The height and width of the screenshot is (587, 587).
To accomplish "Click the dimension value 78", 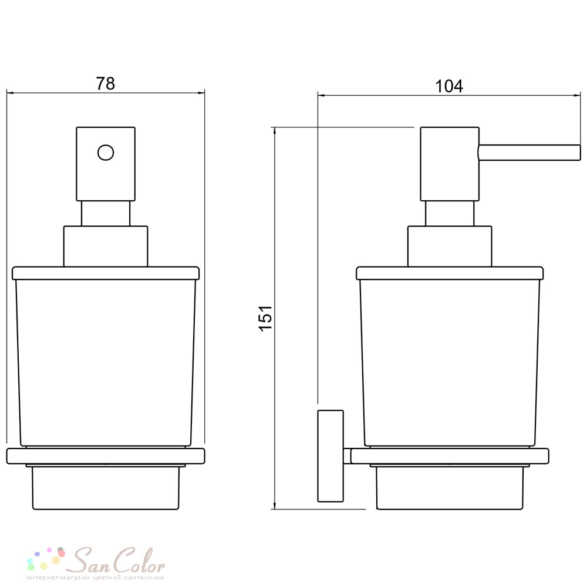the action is coord(105,83).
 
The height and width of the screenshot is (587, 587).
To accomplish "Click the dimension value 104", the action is coord(449,86).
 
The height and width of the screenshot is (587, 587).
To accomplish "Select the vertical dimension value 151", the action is coord(265,318).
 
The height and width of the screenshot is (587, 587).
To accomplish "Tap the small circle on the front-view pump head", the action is coord(106,153).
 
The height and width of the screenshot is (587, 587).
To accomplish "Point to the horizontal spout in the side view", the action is coord(529,153).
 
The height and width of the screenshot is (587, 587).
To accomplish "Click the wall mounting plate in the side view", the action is coord(330,456).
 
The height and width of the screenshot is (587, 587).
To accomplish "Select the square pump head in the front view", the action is coord(106,164).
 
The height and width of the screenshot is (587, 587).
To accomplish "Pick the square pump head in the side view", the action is coord(450,164).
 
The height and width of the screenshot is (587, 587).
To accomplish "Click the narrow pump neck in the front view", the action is coord(106,214).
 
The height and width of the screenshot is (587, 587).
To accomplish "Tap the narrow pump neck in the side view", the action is coord(450,214).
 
